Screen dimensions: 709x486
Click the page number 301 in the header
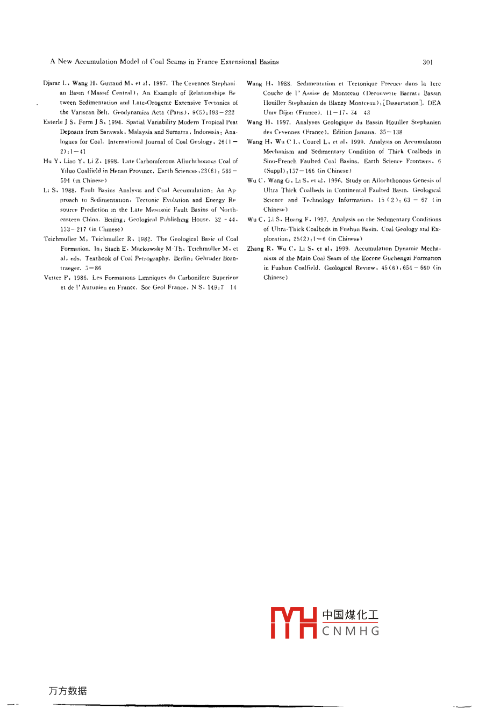pos(427,62)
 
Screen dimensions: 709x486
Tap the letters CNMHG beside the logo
pos(351,631)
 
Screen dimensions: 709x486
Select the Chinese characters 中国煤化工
pos(351,615)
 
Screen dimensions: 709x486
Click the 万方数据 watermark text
pos(68,691)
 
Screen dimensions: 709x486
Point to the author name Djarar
pos(52,84)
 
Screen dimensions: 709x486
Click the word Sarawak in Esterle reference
pos(106,132)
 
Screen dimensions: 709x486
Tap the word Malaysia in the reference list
pos(141,132)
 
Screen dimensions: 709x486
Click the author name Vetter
pos(53,278)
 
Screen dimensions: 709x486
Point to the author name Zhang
pos(256,249)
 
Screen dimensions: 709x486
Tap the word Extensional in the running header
pos(237,62)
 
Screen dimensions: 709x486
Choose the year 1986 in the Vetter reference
pos(79,278)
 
